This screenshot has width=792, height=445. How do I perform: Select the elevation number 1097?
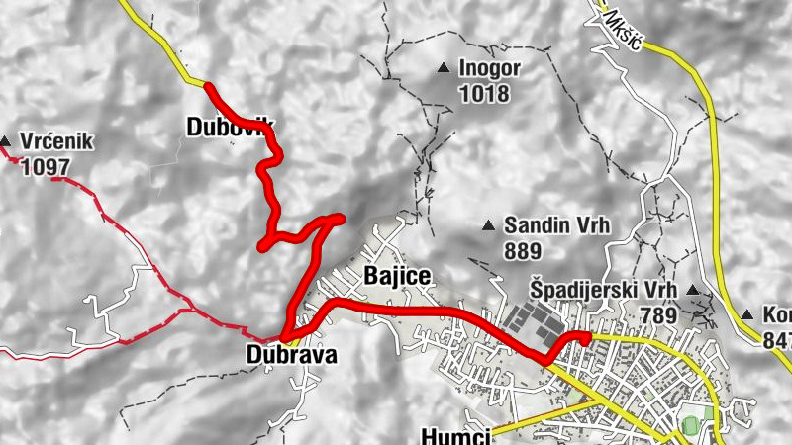click(45, 167)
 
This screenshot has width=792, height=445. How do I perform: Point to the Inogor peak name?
click(489, 70)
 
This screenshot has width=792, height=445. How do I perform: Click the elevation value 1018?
click(484, 95)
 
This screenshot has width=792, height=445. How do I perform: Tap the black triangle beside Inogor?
click(444, 68)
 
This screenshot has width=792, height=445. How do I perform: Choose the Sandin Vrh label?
click(555, 225)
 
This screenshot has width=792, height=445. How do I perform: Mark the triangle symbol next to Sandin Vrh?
click(488, 226)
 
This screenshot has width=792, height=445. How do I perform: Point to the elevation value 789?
click(657, 316)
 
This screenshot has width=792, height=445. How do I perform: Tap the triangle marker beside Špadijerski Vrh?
click(693, 290)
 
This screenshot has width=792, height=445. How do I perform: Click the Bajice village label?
click(398, 276)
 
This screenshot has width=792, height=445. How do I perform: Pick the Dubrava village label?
click(292, 354)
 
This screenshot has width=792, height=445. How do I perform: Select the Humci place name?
click(454, 435)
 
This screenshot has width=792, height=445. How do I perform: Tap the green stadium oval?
click(691, 424)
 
